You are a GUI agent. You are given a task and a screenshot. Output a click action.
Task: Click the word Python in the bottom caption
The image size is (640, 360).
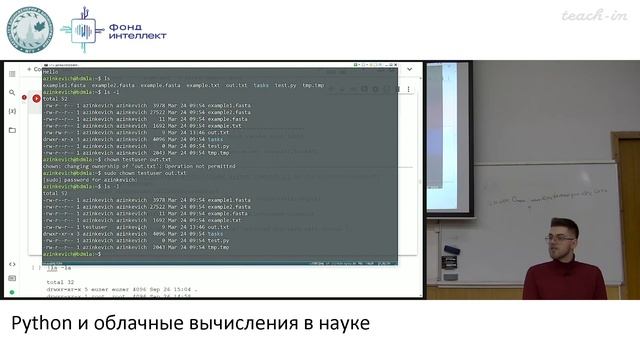coord(38,325)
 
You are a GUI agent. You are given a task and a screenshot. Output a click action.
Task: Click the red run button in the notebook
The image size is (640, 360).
coord(37,98)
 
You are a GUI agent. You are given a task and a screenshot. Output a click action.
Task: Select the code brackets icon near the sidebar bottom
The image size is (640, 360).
coord(12,264)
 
